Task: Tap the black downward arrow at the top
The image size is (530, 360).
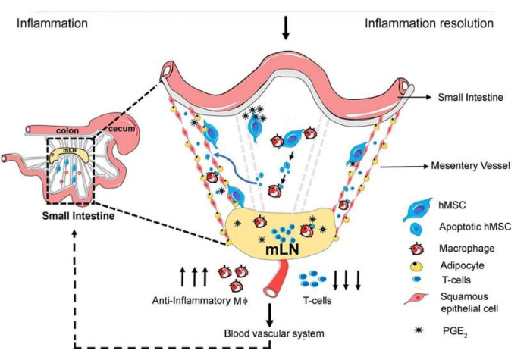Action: (x=286, y=28)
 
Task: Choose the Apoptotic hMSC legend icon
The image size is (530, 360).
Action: (x=410, y=226)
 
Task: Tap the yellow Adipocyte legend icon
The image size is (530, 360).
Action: (x=410, y=266)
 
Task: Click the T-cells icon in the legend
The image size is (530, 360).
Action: (x=410, y=281)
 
